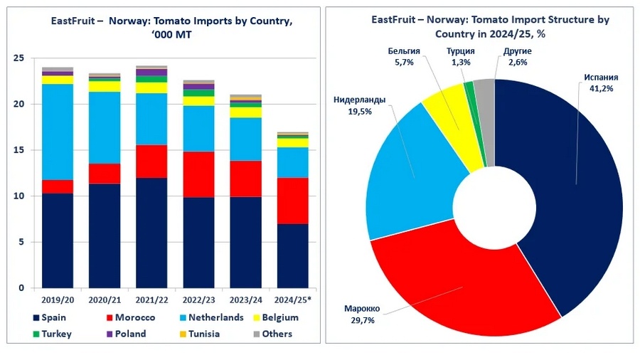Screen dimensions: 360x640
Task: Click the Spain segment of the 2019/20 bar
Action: (58, 240)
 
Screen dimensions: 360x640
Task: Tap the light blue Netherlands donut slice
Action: (409, 178)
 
